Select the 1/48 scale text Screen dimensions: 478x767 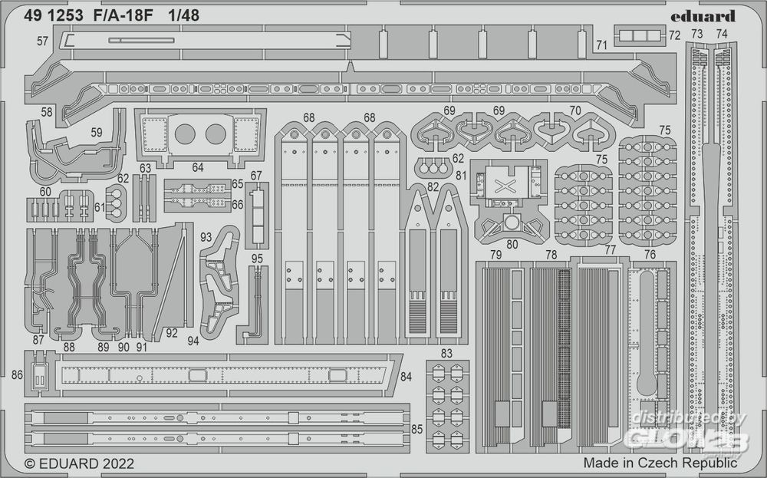pos(182,16)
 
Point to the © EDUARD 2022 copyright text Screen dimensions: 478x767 pos(80,463)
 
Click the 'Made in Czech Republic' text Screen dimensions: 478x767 pos(660,463)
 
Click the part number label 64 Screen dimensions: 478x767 pos(198,167)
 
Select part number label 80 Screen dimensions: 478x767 pos(512,245)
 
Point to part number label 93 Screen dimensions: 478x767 pos(206,237)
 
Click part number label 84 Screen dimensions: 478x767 pos(407,376)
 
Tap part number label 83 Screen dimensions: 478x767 pos(446,352)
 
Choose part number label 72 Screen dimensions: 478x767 pos(674,35)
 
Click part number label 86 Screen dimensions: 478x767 pos(18,375)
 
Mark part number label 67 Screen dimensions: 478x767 pos(256,176)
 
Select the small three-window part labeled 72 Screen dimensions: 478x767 pos(638,35)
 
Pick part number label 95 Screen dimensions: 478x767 pos(257,258)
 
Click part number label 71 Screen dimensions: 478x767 pos(601,45)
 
